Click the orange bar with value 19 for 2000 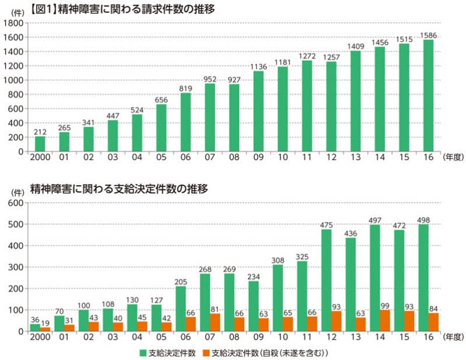45,329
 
